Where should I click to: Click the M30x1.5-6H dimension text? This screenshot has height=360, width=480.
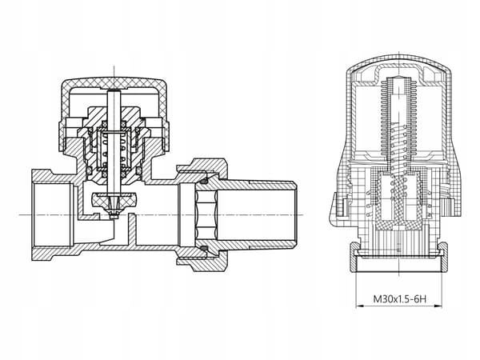point(399,298)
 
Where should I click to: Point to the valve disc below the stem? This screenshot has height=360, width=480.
point(114,200)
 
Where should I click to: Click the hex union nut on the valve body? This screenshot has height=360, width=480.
point(202,215)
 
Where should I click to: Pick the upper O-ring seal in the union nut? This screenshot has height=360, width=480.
point(204,181)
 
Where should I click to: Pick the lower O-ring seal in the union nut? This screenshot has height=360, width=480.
point(204,248)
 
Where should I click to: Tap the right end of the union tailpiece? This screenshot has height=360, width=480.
point(294,215)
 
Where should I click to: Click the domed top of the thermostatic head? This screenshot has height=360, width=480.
point(399,62)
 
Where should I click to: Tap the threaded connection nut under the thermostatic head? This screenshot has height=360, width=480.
point(399,257)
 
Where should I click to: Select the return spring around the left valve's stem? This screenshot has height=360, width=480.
point(114,150)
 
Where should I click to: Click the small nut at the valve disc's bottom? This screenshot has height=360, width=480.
point(114,216)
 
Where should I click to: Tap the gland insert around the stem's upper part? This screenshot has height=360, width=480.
point(114,116)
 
